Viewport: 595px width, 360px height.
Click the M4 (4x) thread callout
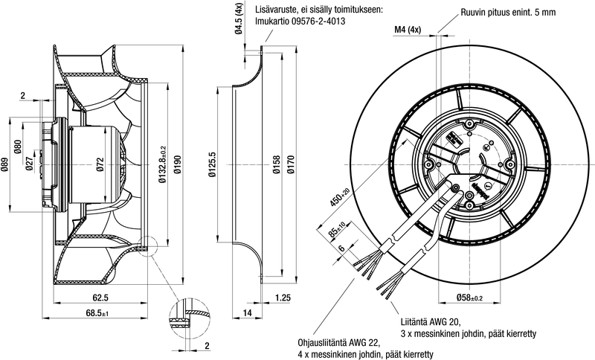[407, 30]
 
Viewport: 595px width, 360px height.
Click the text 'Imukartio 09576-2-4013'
[300, 22]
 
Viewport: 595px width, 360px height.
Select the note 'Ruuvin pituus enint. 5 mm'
[509, 13]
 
